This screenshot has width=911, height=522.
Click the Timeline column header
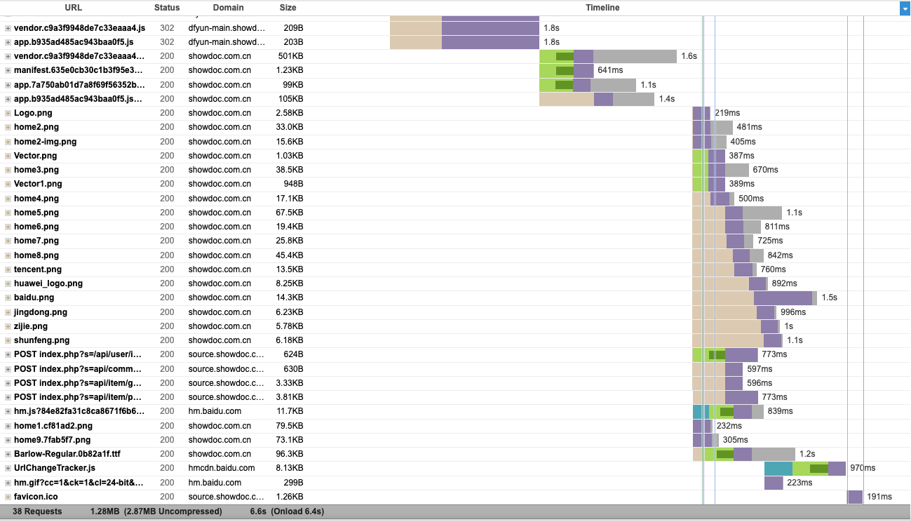pos(602,8)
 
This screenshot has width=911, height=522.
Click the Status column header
pos(167,8)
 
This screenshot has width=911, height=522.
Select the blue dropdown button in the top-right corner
pos(905,8)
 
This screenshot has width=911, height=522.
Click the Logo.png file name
pos(33,113)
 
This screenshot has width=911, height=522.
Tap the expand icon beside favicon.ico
pos(8,497)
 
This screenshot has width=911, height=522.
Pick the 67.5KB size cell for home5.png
pos(290,213)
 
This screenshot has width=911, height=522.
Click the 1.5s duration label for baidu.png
pos(829,297)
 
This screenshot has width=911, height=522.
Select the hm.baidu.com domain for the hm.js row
pos(215,411)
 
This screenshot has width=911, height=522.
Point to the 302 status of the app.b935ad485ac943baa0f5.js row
pos(167,42)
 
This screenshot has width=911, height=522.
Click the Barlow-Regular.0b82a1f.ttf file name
pos(67,454)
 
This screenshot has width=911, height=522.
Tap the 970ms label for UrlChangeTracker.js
pos(863,468)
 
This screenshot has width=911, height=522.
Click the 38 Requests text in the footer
pos(37,511)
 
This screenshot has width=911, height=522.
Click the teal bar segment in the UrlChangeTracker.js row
pos(778,468)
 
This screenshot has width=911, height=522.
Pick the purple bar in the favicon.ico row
pos(855,497)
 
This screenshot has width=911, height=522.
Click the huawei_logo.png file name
pos(48,283)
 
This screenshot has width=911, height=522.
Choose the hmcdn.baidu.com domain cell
pos(222,468)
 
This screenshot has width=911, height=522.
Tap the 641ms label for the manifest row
pos(610,70)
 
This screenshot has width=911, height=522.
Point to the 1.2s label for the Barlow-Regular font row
pos(807,454)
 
